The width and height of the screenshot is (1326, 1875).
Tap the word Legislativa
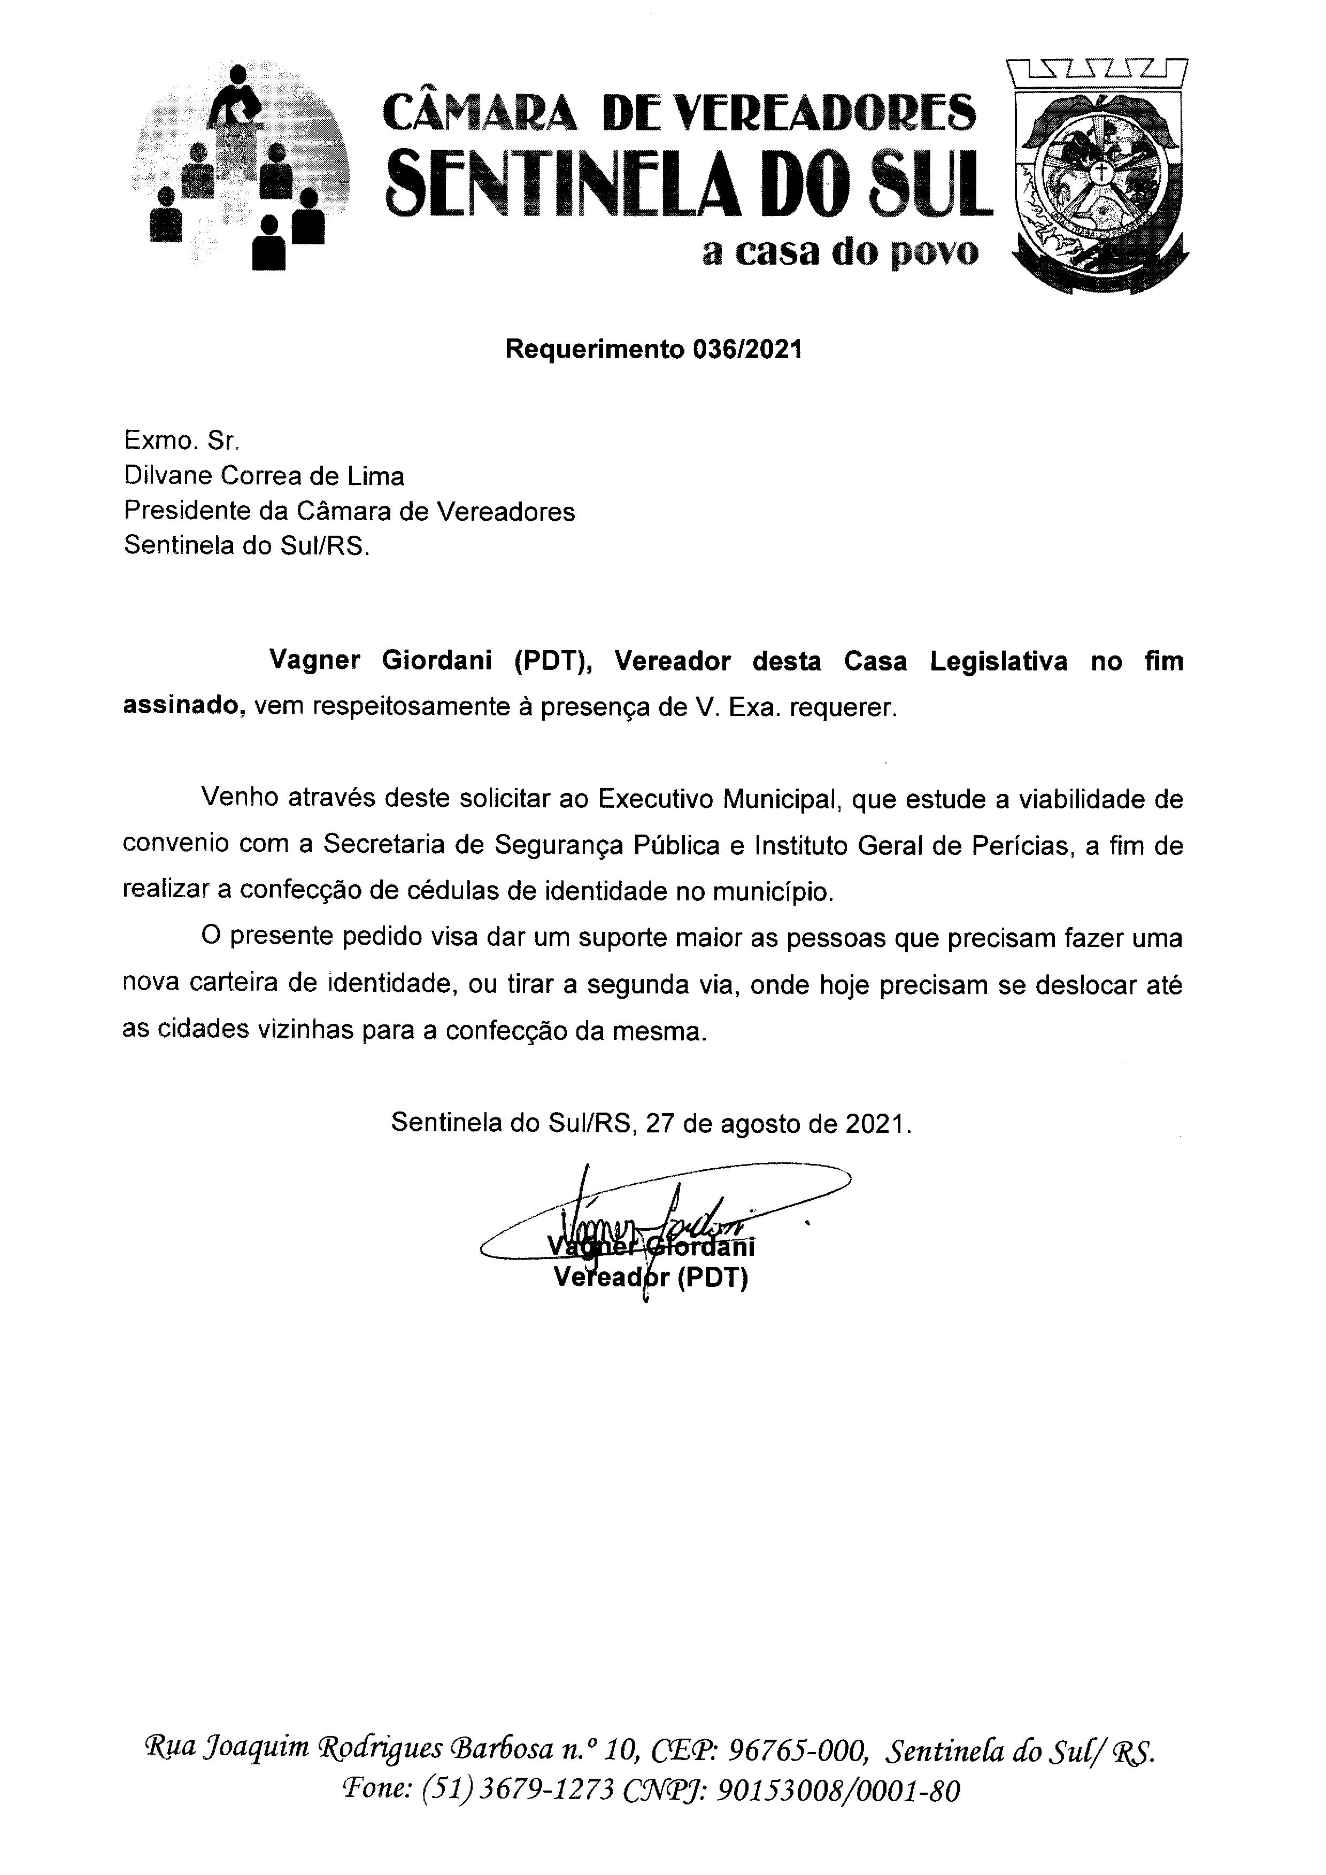tap(998, 661)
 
